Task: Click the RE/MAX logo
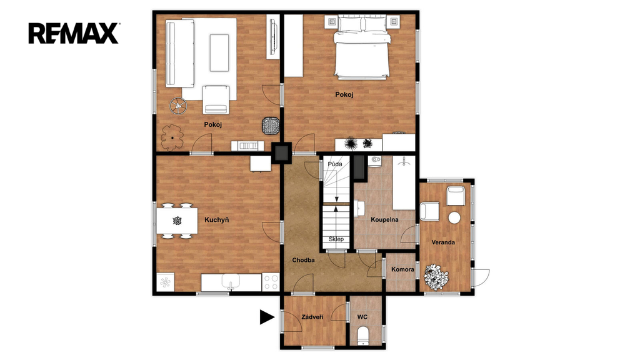(x=74, y=33)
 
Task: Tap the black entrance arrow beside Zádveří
(x=267, y=317)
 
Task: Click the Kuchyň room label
(x=216, y=220)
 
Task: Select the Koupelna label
(x=384, y=219)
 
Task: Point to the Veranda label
(x=443, y=242)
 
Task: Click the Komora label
(x=402, y=269)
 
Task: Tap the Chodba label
(x=303, y=260)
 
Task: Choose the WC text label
(x=362, y=317)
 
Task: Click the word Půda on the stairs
(x=335, y=164)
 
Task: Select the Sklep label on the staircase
(x=336, y=239)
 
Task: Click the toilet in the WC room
(x=363, y=336)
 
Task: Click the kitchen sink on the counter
(x=231, y=282)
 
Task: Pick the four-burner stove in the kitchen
(x=271, y=282)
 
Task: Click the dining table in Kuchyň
(x=177, y=221)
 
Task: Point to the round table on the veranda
(x=454, y=217)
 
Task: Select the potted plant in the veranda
(x=436, y=277)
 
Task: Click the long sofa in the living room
(x=179, y=54)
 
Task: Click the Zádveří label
(x=312, y=317)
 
